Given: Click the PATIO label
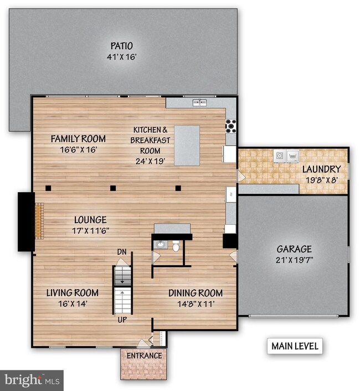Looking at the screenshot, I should pyautogui.click(x=121, y=46).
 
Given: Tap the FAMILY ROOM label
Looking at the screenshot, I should pyautogui.click(x=78, y=138).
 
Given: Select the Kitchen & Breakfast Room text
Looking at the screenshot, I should pyautogui.click(x=146, y=140).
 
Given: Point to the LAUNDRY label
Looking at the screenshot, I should pyautogui.click(x=321, y=169).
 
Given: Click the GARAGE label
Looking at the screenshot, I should pyautogui.click(x=294, y=249).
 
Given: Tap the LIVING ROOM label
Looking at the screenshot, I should pyautogui.click(x=72, y=292).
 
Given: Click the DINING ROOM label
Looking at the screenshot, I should pyautogui.click(x=196, y=293).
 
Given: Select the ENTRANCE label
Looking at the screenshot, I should pyautogui.click(x=144, y=356).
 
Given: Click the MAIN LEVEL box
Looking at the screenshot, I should pyautogui.click(x=294, y=346).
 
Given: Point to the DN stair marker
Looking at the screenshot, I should pyautogui.click(x=122, y=252).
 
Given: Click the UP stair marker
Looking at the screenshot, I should pyautogui.click(x=122, y=320).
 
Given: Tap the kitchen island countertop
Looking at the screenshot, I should pyautogui.click(x=187, y=145).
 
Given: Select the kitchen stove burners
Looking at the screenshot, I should pyautogui.click(x=230, y=126).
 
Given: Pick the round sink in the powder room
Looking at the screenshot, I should pyautogui.click(x=160, y=244).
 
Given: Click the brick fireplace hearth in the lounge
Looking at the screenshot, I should pyautogui.click(x=38, y=221).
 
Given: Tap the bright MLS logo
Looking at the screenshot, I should pyautogui.click(x=32, y=380).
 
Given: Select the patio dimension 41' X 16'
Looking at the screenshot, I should pyautogui.click(x=121, y=56).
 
